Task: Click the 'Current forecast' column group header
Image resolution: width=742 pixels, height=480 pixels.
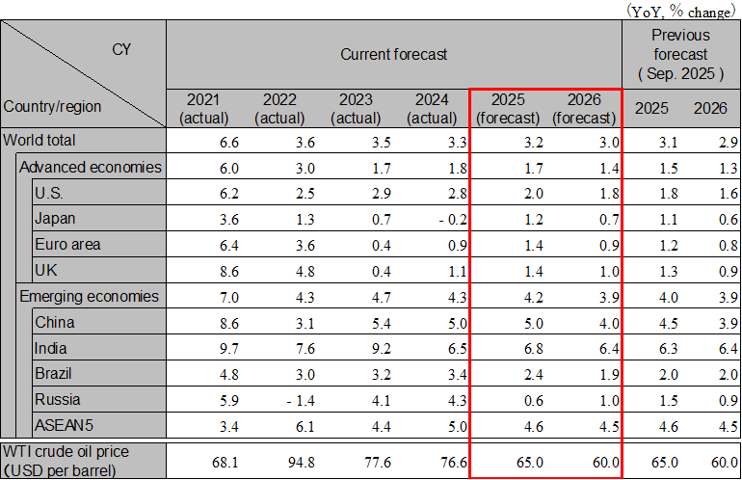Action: [393, 54]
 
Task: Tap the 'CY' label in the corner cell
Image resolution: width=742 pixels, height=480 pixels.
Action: [121, 48]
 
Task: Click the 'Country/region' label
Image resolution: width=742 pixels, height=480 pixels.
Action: [52, 106]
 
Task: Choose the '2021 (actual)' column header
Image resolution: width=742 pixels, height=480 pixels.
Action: [203, 108]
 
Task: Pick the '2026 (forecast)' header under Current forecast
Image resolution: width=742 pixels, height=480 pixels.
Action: [584, 108]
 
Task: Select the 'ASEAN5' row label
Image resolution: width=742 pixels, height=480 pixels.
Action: [59, 425]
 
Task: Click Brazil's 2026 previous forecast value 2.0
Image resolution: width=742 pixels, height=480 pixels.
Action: [714, 374]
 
